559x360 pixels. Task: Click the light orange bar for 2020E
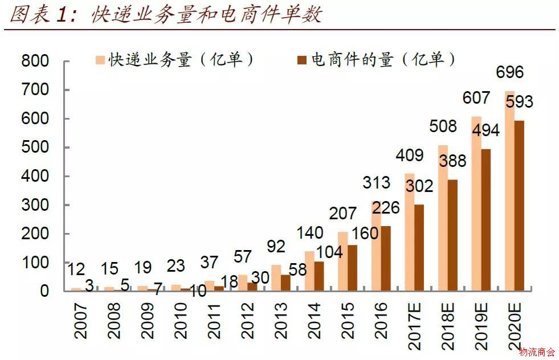(509, 191)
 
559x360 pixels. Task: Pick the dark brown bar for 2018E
(452, 235)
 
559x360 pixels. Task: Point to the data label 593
(519, 102)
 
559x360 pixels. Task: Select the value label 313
(377, 183)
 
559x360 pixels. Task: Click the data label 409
(410, 155)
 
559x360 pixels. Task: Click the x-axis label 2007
(81, 320)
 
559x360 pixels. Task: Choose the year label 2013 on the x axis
(281, 320)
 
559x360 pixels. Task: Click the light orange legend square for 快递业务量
(100, 60)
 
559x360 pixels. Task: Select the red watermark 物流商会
(537, 352)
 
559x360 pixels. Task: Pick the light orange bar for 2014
(309, 271)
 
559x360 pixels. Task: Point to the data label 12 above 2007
(76, 269)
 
